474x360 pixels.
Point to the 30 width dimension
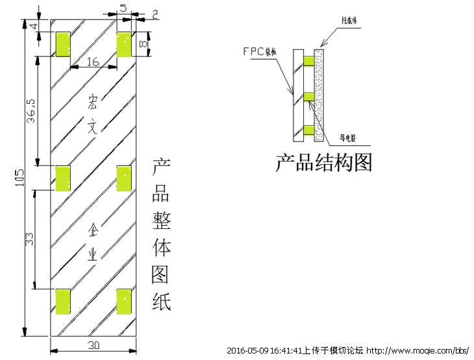(94, 344)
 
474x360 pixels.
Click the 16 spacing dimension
(93, 62)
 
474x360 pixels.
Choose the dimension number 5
(123, 8)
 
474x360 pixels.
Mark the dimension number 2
(155, 13)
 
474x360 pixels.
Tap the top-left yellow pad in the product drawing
(64, 43)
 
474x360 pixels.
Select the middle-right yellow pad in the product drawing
(124, 178)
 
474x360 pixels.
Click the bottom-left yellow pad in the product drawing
(64, 301)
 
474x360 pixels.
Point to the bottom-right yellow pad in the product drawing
(124, 301)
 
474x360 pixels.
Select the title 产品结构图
(324, 162)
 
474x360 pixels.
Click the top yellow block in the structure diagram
(308, 62)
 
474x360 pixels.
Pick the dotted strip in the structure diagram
(319, 95)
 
